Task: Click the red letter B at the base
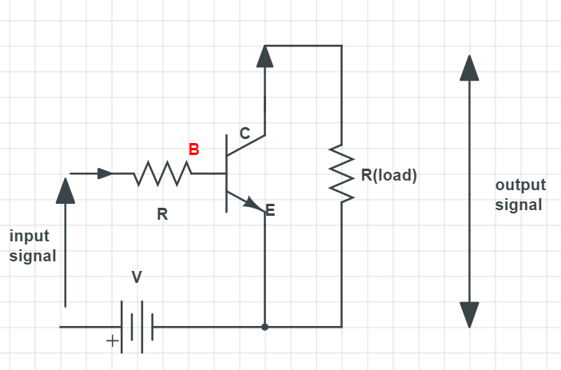[193, 149]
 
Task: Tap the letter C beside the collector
[245, 135]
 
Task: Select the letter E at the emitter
[269, 211]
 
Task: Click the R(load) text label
[388, 175]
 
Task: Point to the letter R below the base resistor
[162, 215]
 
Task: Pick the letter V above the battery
[137, 277]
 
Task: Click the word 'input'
[30, 237]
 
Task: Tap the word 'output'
[519, 185]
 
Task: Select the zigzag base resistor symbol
[163, 173]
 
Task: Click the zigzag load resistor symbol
[342, 174]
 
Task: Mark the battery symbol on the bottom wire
[136, 327]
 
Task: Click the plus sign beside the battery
[113, 341]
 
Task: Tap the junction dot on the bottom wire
[265, 327]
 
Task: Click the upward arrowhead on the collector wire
[265, 56]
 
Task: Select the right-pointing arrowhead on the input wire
[105, 173]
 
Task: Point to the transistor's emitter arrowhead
[256, 205]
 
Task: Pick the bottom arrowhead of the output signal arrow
[469, 315]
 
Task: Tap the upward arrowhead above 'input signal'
[66, 189]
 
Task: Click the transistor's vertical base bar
[226, 173]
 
